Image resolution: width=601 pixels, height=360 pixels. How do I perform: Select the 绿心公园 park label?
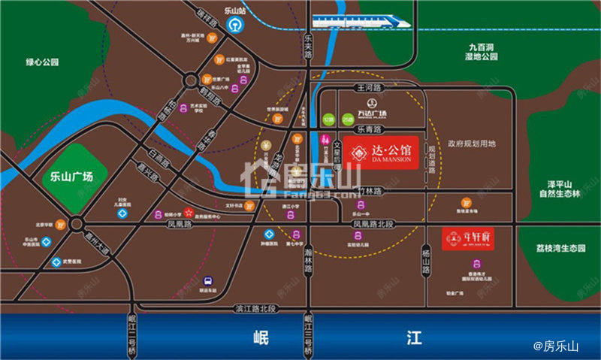coord(42,62)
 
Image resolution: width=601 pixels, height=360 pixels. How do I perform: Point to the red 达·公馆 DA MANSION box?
coord(381,153)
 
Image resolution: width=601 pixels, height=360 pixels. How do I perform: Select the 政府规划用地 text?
coord(472,143)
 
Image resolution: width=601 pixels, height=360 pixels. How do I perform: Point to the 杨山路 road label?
coord(425,258)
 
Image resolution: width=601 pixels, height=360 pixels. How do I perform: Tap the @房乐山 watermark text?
coord(557,346)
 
